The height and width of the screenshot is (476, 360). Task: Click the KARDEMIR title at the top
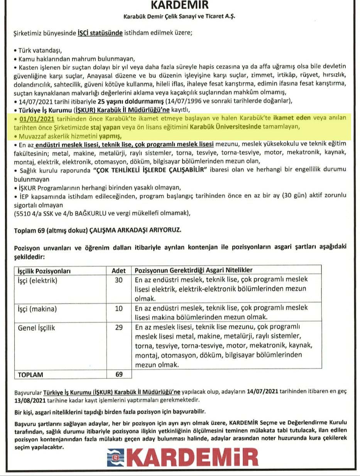(179, 5)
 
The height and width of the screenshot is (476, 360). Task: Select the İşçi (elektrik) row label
(38, 280)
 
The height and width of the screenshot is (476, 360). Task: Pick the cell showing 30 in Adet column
(118, 280)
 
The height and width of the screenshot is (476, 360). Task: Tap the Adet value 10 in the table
(118, 309)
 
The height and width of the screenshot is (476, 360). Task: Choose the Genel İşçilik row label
(37, 328)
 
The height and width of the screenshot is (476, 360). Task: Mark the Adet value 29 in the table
(118, 328)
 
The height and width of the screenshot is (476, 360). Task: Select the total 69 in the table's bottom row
(118, 375)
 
